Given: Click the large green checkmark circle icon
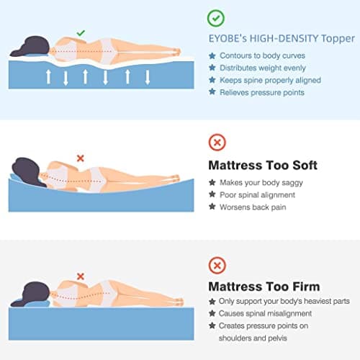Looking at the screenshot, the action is click(216, 18).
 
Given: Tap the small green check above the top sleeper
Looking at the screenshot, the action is click(81, 33).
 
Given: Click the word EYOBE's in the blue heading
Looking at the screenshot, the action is click(228, 39).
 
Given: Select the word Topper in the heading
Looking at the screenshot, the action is click(338, 39).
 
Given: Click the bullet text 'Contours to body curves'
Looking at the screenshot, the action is click(262, 55).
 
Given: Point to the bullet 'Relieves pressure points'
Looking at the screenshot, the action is click(262, 93).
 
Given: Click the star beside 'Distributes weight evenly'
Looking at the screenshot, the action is click(212, 68).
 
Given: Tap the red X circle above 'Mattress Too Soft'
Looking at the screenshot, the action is click(217, 143).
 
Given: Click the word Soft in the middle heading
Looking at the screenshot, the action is click(305, 165).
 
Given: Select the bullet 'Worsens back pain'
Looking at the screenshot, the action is click(253, 207).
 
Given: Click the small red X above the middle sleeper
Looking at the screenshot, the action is click(81, 158).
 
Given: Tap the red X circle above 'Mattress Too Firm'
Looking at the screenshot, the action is click(217, 266).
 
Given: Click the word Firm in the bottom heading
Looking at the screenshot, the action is click(306, 287).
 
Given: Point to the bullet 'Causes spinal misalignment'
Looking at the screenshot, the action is click(265, 313).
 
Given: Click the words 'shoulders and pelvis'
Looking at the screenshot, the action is click(253, 338).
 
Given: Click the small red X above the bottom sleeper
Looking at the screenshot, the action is click(81, 276).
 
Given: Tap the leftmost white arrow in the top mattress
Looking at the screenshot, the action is click(48, 77).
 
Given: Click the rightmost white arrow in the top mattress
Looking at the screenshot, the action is click(148, 77).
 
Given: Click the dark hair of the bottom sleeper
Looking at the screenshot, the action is click(34, 294).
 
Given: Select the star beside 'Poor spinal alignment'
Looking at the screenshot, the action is click(212, 194).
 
